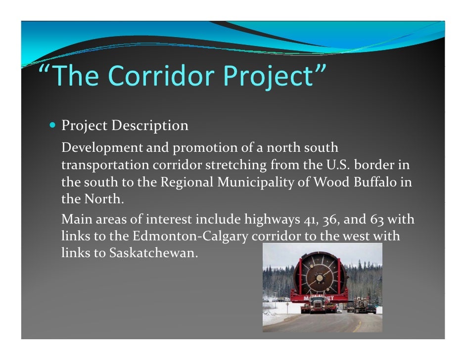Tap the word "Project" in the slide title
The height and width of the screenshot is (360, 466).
[271, 77]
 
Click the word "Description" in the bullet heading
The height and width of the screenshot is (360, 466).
[150, 126]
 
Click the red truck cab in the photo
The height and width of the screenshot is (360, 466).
[317, 304]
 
